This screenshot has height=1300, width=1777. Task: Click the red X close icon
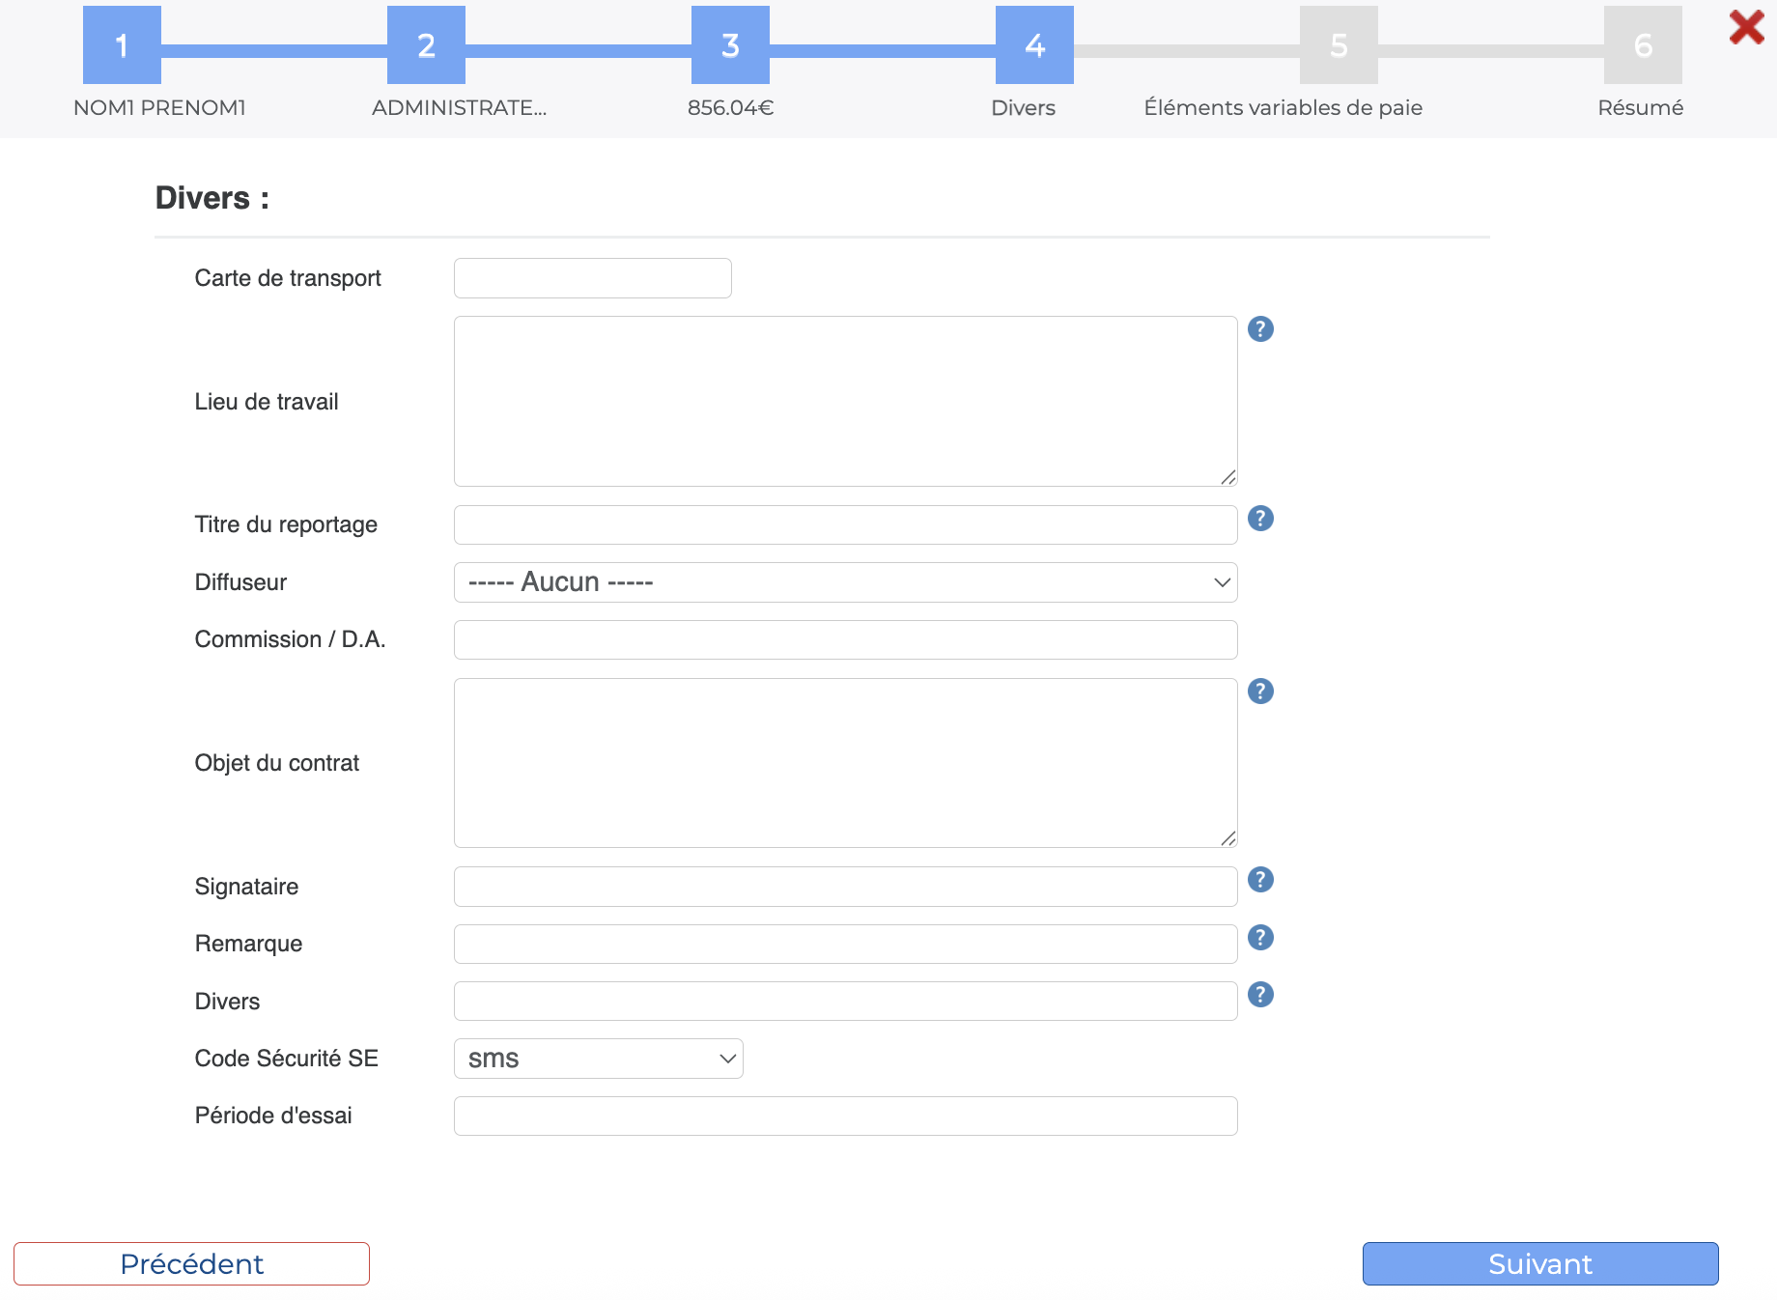pos(1746,27)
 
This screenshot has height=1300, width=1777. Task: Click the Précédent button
pos(191,1263)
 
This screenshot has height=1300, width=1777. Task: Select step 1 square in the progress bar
pos(122,44)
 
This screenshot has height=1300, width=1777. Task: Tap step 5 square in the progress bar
pos(1339,44)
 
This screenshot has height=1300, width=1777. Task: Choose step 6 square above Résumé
pos(1643,44)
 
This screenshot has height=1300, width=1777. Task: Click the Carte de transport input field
pos(592,278)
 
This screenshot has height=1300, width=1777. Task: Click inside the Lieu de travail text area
pos(845,401)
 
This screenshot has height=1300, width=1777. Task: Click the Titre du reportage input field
pos(845,524)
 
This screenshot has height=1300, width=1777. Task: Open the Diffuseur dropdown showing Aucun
pos(845,582)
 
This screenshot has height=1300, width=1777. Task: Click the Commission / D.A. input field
pos(845,639)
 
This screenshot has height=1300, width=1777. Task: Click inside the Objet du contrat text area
pos(845,763)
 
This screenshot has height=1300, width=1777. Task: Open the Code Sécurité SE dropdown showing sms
pos(598,1059)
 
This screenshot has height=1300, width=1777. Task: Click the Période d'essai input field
pos(845,1116)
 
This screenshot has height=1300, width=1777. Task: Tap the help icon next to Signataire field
pos(1260,880)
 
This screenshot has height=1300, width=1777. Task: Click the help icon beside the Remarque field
pos(1260,938)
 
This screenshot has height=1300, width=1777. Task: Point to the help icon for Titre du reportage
pos(1260,519)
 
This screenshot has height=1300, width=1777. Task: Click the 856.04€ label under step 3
pos(730,107)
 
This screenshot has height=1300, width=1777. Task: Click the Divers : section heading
pos(212,198)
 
